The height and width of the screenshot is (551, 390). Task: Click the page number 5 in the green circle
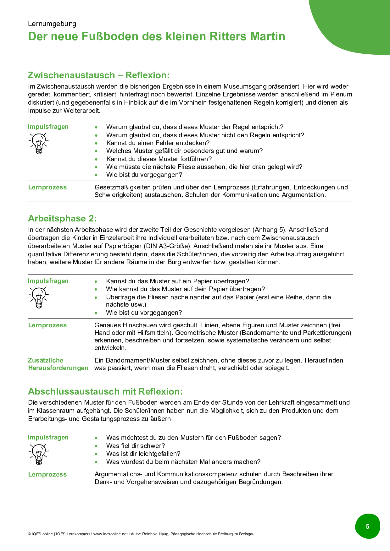click(x=367, y=526)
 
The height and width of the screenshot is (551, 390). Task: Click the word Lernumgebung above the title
click(x=52, y=24)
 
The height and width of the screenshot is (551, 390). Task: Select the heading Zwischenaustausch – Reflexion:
click(x=98, y=75)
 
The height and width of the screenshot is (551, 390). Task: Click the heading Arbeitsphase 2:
click(x=62, y=219)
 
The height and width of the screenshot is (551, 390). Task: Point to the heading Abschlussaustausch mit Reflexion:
click(x=105, y=391)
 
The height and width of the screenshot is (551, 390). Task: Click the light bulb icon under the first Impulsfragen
click(x=39, y=143)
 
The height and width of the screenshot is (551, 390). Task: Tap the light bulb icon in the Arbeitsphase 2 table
click(x=39, y=297)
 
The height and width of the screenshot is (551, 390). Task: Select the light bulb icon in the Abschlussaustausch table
click(x=39, y=454)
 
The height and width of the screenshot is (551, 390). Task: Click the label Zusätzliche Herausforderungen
click(x=58, y=364)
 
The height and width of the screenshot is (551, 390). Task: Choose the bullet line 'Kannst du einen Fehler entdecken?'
click(x=158, y=143)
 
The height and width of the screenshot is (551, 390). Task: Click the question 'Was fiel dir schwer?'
click(x=136, y=446)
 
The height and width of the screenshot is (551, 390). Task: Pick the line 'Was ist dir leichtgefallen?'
click(x=143, y=454)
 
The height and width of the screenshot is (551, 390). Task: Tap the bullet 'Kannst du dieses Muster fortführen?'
click(x=159, y=159)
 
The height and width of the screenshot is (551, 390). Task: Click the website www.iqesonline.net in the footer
click(x=110, y=534)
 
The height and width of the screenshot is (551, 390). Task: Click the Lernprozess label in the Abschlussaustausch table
click(x=47, y=475)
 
